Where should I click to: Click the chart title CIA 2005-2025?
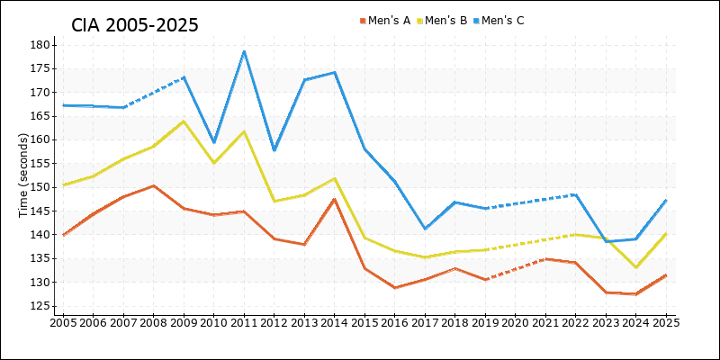click(135, 24)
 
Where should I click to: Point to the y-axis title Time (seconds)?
click(24, 175)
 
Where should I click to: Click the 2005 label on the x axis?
click(63, 321)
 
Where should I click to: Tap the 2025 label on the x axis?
click(665, 321)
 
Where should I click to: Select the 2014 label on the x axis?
click(335, 321)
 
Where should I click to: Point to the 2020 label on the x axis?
click(515, 321)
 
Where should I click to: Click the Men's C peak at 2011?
click(244, 51)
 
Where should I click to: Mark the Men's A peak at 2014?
click(335, 199)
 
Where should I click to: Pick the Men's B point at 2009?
click(184, 121)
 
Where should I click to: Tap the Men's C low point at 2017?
click(425, 229)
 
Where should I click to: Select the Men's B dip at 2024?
click(635, 267)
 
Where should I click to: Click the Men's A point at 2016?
click(395, 288)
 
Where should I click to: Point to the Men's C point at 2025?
click(665, 201)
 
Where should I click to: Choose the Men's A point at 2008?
click(154, 185)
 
